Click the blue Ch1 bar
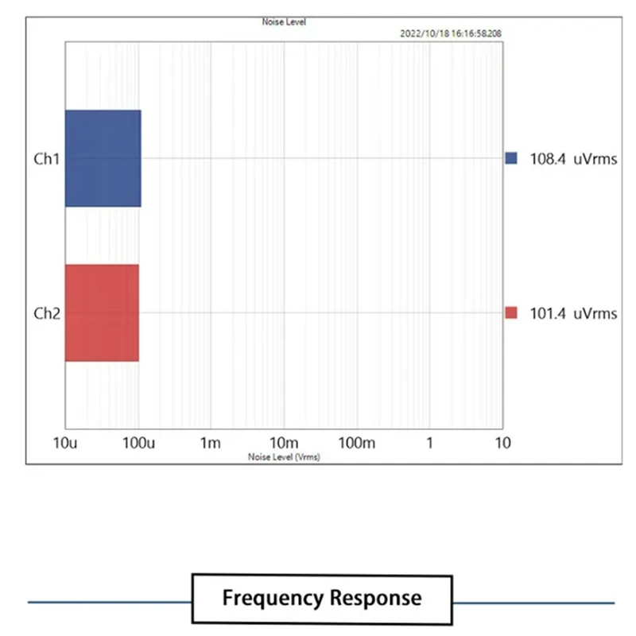point(103,158)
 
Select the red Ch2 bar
point(102,312)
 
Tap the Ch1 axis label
point(46,158)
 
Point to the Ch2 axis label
point(46,313)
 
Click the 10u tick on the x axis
point(66,443)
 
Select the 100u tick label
point(139,443)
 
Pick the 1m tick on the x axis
point(211,443)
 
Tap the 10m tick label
point(283,443)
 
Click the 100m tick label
point(356,443)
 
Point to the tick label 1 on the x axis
point(429,443)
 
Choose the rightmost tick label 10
point(501,443)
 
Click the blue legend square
point(510,158)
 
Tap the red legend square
point(510,313)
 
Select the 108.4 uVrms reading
point(573,159)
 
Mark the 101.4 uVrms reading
point(573,313)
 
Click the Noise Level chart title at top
point(284,22)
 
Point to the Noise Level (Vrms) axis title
point(284,457)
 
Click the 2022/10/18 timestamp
point(450,34)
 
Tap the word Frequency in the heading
point(272,598)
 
